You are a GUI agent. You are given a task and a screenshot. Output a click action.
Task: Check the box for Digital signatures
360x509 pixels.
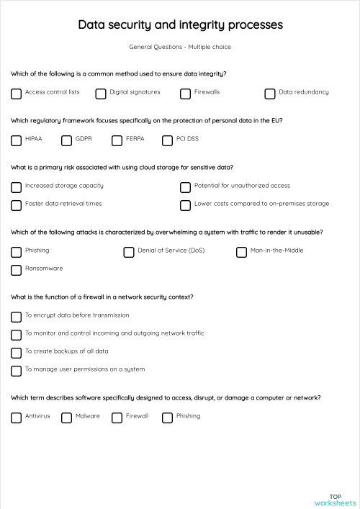tap(101, 93)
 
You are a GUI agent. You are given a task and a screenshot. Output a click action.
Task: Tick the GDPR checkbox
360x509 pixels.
tap(66, 140)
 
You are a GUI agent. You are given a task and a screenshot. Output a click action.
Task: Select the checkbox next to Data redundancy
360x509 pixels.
tap(270, 93)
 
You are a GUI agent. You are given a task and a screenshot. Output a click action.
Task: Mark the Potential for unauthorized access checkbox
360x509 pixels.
tap(185, 186)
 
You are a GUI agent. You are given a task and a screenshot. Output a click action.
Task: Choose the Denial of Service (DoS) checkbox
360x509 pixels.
tap(129, 252)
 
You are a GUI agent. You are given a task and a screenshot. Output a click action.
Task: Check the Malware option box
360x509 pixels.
tap(66, 417)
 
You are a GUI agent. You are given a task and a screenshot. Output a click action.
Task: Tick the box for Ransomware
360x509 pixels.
tap(16, 270)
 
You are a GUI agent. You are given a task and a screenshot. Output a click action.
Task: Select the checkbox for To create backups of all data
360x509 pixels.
tap(16, 353)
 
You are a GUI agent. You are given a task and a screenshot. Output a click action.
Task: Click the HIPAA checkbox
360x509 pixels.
tap(16, 140)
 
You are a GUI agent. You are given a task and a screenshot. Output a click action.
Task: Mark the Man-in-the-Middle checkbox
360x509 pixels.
tap(241, 252)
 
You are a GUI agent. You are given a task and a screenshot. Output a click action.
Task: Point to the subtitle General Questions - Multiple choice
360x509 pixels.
tap(180, 47)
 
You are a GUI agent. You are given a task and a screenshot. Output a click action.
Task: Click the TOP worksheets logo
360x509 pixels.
tap(335, 499)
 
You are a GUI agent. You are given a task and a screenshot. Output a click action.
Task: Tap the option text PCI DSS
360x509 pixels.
tap(187, 138)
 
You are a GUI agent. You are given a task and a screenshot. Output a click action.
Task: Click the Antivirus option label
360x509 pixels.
tap(37, 416)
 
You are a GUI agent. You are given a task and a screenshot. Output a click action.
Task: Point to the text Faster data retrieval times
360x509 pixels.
tap(63, 204)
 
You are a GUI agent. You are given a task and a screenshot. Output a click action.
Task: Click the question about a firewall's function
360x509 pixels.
tap(102, 297)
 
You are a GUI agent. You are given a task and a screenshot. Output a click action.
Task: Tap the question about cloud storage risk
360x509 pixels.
tap(122, 167)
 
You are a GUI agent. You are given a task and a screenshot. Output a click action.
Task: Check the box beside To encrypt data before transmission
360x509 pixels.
tap(16, 316)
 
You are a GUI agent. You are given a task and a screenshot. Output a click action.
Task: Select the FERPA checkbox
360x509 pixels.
tap(117, 140)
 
